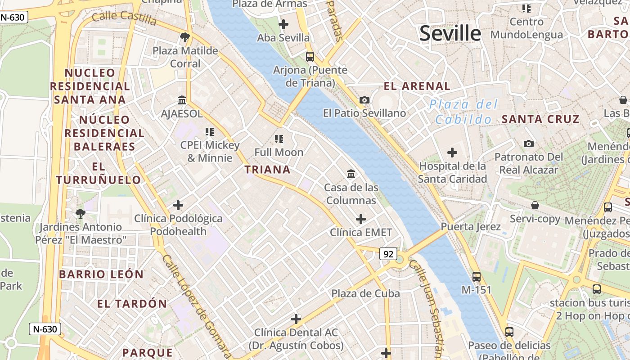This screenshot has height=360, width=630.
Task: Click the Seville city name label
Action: tap(450, 34)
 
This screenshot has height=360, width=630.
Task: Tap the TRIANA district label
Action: tap(267, 170)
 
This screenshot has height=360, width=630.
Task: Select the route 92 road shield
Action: tap(388, 254)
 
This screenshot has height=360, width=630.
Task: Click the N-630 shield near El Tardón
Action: tap(45, 329)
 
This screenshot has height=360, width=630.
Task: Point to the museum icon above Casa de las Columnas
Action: tap(351, 173)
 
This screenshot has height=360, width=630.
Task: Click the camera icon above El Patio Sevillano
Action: tap(364, 100)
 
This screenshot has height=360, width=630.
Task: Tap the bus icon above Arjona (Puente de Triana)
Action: tap(310, 57)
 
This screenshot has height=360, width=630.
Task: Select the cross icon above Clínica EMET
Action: tap(361, 219)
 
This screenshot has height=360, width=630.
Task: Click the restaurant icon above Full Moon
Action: tap(279, 139)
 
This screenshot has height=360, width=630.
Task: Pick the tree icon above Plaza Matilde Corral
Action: tap(184, 37)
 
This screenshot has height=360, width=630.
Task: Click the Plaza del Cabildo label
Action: tap(463, 112)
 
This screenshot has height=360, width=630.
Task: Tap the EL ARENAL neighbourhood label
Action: tap(417, 86)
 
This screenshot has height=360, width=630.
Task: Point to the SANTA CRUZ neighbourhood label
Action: tap(540, 119)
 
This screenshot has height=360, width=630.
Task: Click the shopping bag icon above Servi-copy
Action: tap(535, 205)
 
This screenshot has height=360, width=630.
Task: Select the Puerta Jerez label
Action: tap(471, 226)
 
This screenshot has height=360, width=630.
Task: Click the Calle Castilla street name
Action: tap(124, 18)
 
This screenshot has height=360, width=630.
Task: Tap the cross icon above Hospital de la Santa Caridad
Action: tap(452, 153)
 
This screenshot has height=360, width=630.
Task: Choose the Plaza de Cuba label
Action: tap(365, 293)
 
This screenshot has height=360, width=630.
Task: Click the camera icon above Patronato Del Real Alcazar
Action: tap(529, 144)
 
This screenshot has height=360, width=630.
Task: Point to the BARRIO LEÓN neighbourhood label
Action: tap(101, 274)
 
